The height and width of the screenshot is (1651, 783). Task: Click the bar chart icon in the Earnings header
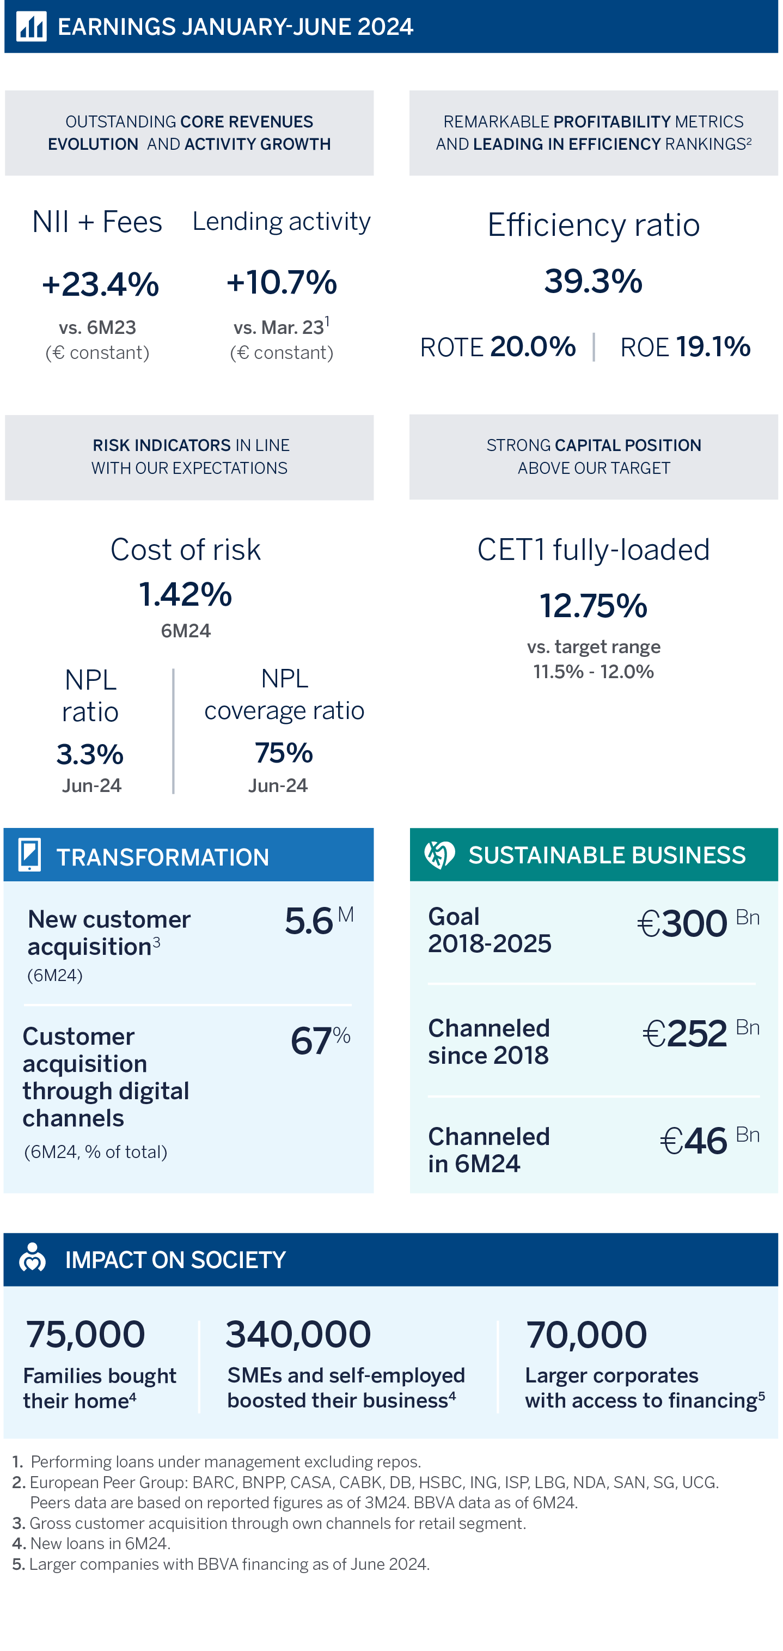tap(32, 26)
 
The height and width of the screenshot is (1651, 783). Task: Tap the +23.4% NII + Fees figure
tap(101, 284)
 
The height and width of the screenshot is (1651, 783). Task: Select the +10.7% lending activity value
tap(282, 283)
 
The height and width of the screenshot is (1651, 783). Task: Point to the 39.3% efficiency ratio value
tap(594, 281)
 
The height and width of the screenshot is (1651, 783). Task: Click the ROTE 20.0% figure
tap(498, 347)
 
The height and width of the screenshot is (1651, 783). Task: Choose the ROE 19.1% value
tap(685, 347)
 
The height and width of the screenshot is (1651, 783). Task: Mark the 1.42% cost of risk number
tap(186, 594)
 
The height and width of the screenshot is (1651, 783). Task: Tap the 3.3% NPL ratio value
tap(90, 754)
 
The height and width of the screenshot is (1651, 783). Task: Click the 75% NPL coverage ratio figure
tap(284, 753)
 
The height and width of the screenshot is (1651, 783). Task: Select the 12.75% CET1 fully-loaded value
tap(594, 606)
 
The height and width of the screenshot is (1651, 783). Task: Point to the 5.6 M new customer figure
tap(319, 921)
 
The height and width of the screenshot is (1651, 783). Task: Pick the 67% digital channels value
tap(320, 1039)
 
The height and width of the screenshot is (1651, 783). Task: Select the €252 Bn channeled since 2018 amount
tap(701, 1033)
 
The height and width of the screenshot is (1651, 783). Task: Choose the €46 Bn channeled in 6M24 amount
tap(710, 1141)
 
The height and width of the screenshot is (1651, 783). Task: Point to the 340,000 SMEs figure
tap(298, 1335)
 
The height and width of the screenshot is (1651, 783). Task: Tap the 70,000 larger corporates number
tap(586, 1335)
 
